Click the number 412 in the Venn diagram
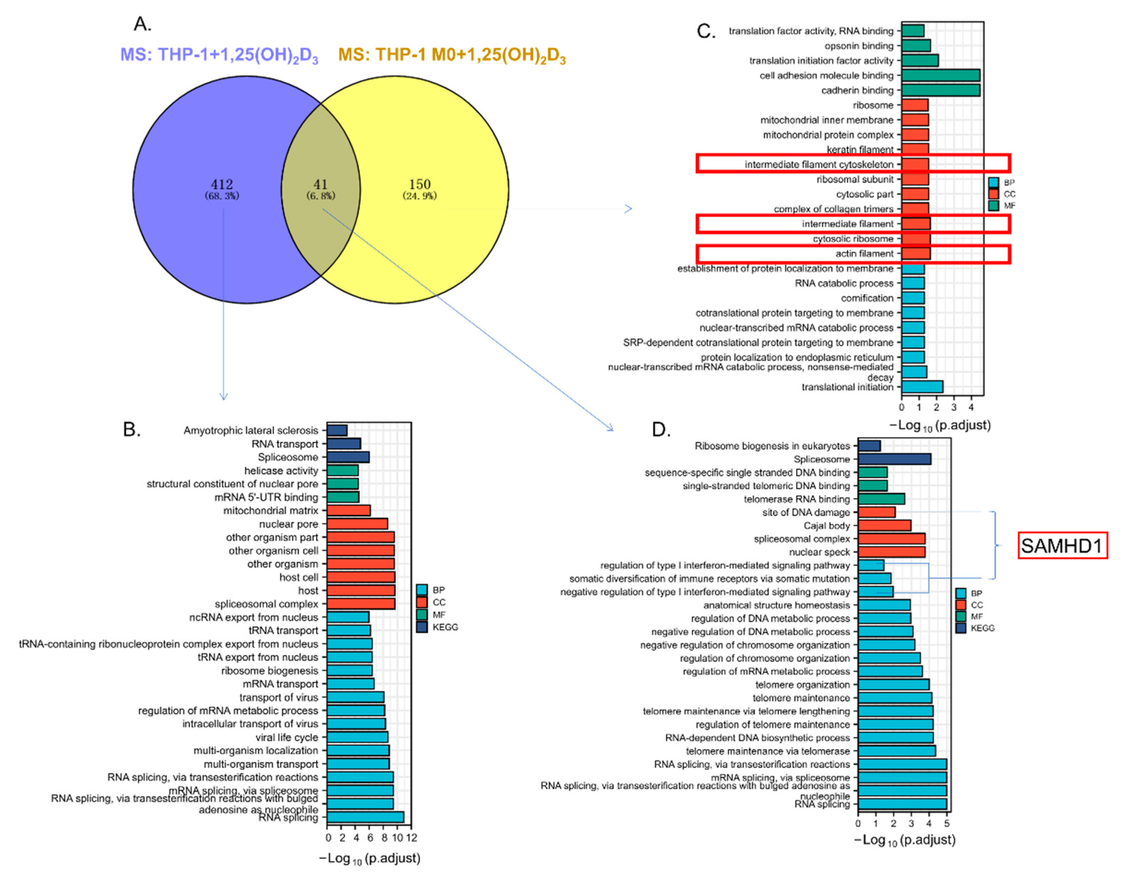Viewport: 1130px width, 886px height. pyautogui.click(x=222, y=185)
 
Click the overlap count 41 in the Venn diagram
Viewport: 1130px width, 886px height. pyautogui.click(x=320, y=185)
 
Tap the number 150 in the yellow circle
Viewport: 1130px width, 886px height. pyautogui.click(x=419, y=185)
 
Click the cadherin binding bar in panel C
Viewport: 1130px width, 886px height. pyautogui.click(x=940, y=90)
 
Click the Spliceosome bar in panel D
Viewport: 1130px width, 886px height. pyautogui.click(x=894, y=459)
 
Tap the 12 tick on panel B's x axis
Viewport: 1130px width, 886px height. pyautogui.click(x=412, y=838)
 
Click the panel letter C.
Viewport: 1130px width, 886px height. pyautogui.click(x=706, y=32)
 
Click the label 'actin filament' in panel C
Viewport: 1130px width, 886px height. pyautogui.click(x=864, y=254)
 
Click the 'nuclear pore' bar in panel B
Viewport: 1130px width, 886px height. pyautogui.click(x=357, y=524)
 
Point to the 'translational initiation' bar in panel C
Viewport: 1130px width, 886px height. pyautogui.click(x=922, y=387)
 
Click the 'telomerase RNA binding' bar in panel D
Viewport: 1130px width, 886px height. pyautogui.click(x=881, y=499)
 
